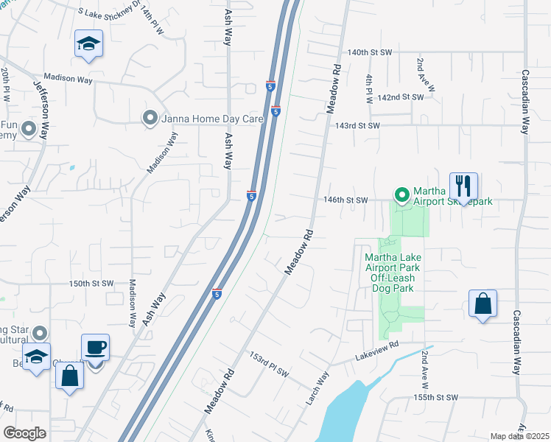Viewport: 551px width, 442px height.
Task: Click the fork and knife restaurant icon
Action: pyautogui.click(x=463, y=186)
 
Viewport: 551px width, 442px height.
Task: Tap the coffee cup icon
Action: pyautogui.click(x=95, y=348)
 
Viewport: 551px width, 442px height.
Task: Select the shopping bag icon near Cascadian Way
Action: pyautogui.click(x=482, y=303)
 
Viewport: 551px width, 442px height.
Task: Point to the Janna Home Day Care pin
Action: pyautogui.click(x=150, y=118)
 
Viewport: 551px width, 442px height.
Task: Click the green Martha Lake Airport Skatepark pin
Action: pyautogui.click(x=402, y=195)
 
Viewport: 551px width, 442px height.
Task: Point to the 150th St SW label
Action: pyautogui.click(x=92, y=284)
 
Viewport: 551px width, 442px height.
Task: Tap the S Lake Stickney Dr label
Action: pyautogui.click(x=102, y=12)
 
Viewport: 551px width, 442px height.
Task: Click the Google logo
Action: pyautogui.click(x=24, y=433)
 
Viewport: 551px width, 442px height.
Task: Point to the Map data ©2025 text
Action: pyautogui.click(x=519, y=436)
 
